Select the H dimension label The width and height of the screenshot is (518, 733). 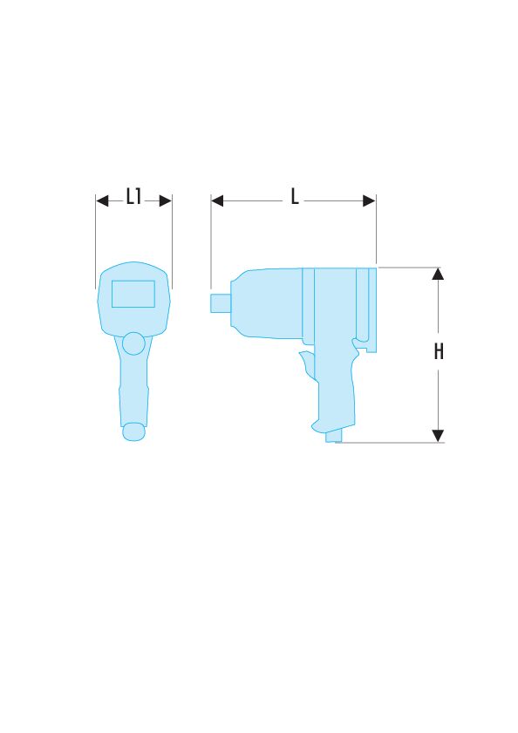click(439, 352)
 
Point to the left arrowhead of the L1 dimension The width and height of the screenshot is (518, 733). click(102, 200)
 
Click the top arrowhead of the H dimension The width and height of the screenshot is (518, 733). click(439, 274)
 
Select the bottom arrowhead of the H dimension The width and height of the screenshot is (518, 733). click(439, 435)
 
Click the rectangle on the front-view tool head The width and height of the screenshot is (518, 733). click(133, 294)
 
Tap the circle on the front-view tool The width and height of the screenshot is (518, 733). click(133, 343)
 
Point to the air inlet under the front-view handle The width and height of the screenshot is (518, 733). click(133, 431)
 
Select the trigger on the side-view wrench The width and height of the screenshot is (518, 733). click(306, 366)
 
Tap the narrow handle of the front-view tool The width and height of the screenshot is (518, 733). click(133, 388)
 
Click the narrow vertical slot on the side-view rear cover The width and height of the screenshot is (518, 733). click(359, 305)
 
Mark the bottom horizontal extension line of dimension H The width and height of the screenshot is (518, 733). click(392, 442)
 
